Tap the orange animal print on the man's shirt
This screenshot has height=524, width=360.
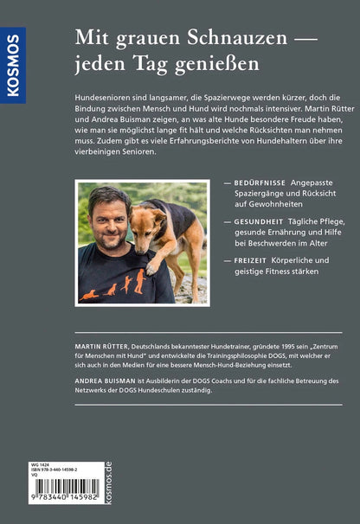click(112, 285)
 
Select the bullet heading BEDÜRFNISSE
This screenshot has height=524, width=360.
click(264, 184)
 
